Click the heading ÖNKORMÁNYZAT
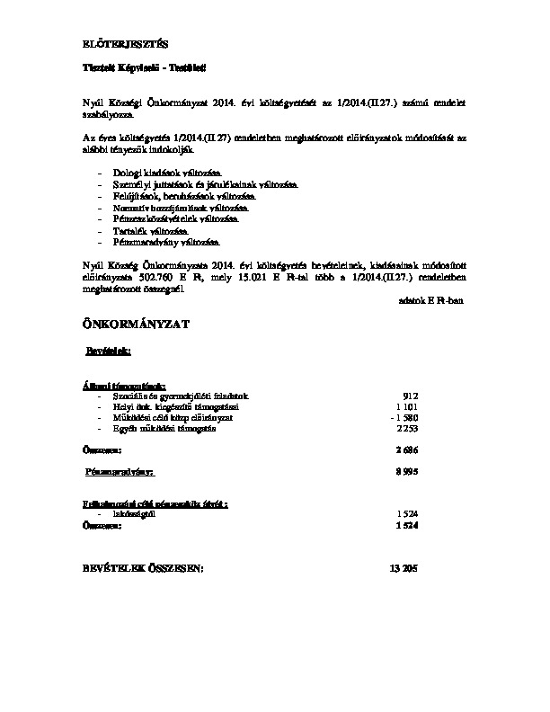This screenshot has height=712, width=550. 136,323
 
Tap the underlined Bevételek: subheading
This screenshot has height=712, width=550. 109,349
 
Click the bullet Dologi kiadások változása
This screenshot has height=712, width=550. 167,172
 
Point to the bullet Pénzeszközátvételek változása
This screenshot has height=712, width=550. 176,218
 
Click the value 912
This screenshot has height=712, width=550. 411,396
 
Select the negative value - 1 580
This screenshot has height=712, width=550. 404,419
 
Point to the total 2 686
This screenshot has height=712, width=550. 407,449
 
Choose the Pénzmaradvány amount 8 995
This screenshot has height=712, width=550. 407,471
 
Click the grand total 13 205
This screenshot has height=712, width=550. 404,568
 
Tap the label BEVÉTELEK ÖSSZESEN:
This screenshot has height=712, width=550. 142,568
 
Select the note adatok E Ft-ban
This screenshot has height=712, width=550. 430,301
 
